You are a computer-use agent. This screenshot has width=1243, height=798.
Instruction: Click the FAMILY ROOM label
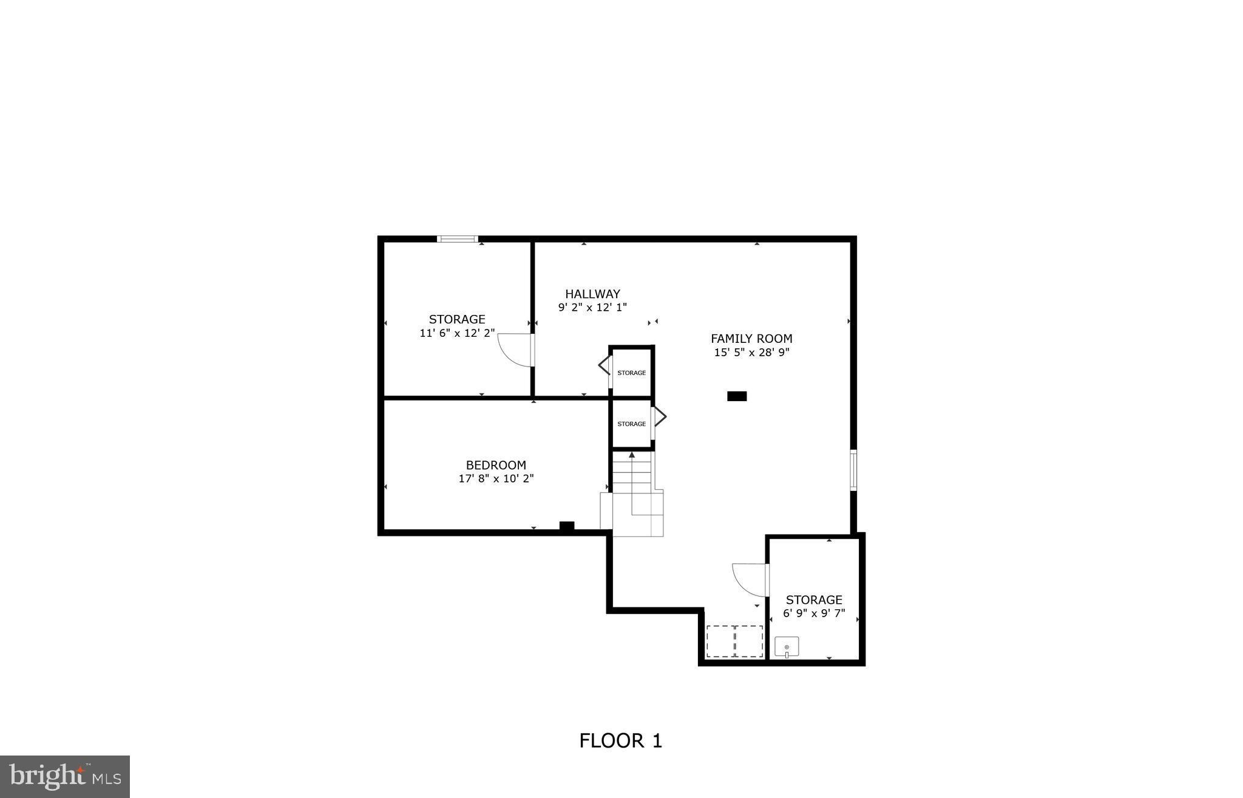click(x=751, y=339)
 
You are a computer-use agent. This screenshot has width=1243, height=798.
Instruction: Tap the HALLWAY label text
click(x=592, y=294)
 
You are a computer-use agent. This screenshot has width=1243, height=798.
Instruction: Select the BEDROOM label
click(x=496, y=465)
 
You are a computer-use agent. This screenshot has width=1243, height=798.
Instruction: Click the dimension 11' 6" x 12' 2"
click(x=457, y=333)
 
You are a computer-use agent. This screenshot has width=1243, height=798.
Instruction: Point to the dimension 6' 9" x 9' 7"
click(x=813, y=614)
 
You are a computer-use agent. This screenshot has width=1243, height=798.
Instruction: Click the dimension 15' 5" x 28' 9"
click(x=751, y=353)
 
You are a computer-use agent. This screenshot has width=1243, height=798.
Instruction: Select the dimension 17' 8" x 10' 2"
click(x=496, y=479)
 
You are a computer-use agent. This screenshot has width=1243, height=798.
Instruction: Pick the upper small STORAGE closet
click(x=631, y=373)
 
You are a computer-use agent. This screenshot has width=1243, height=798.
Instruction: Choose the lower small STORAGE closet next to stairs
click(x=631, y=424)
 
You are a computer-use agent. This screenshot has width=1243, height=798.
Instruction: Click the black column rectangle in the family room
click(x=737, y=396)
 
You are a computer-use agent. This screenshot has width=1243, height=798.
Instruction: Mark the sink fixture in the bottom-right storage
click(x=787, y=647)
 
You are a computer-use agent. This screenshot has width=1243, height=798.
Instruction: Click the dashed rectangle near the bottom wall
click(x=734, y=641)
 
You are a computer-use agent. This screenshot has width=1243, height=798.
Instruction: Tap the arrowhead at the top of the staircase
click(x=632, y=455)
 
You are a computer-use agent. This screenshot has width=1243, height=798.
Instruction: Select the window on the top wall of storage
click(x=458, y=239)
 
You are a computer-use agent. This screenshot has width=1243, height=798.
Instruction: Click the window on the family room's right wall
click(x=853, y=470)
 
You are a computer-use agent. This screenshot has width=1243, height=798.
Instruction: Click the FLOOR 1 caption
click(x=620, y=740)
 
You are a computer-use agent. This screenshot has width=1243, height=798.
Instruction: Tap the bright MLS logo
click(x=65, y=776)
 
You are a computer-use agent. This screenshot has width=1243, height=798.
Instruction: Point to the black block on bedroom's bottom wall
click(x=566, y=526)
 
